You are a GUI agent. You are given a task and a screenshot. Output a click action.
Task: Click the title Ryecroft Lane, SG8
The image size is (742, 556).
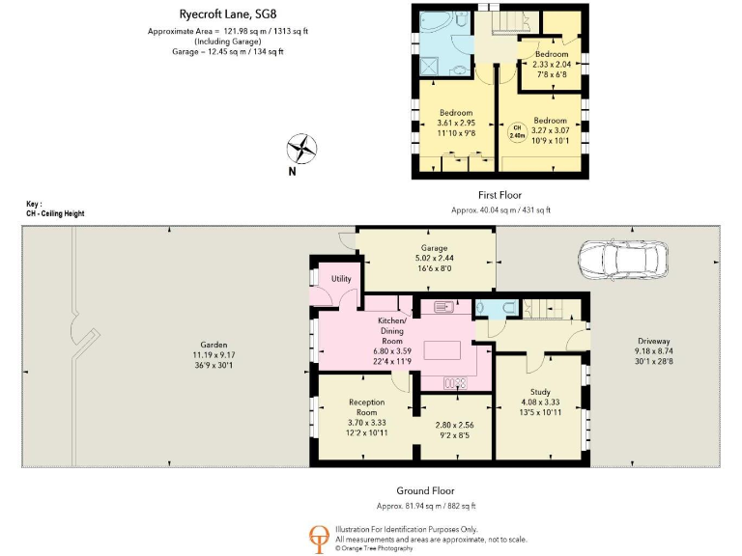point(221,14)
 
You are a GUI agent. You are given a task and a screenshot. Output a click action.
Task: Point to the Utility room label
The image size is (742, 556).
point(341,279)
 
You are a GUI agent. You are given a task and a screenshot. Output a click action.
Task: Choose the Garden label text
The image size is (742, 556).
point(214,345)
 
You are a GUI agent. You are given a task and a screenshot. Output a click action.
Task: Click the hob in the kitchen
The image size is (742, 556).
point(454,382)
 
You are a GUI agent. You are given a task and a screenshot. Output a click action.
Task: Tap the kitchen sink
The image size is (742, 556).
point(444,308)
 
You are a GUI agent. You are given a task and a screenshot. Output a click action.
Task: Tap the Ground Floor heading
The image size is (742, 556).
point(425,491)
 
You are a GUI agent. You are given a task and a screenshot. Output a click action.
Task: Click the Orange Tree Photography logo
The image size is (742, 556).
point(317,538)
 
